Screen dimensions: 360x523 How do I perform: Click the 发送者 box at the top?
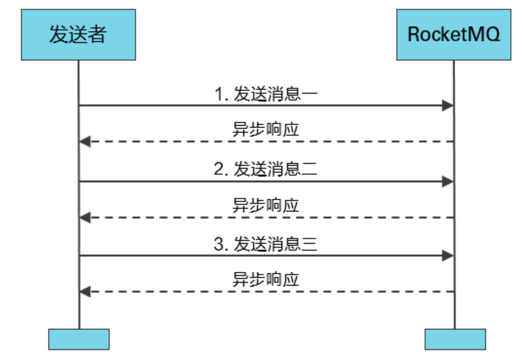click(78, 35)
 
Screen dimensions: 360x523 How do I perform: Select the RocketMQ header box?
click(453, 35)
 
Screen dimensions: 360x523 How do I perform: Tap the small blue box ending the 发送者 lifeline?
click(79, 339)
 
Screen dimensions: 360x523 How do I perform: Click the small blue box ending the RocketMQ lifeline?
click(455, 339)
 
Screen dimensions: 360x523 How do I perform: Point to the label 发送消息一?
click(275, 94)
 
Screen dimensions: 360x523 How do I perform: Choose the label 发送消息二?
click(275, 169)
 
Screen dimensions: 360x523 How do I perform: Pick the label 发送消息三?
click(275, 244)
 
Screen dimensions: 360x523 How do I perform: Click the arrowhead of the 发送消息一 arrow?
click(447, 106)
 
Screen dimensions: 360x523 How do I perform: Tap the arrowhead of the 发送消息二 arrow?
click(447, 181)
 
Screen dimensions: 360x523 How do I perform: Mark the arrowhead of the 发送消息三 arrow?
click(447, 256)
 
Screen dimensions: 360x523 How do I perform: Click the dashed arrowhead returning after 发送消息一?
click(85, 141)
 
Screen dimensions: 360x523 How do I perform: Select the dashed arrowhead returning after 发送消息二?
click(85, 218)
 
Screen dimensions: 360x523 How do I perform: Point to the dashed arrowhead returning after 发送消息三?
click(85, 292)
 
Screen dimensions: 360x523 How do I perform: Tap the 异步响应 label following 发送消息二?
click(266, 205)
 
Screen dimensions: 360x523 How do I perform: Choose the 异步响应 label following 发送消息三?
click(266, 280)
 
